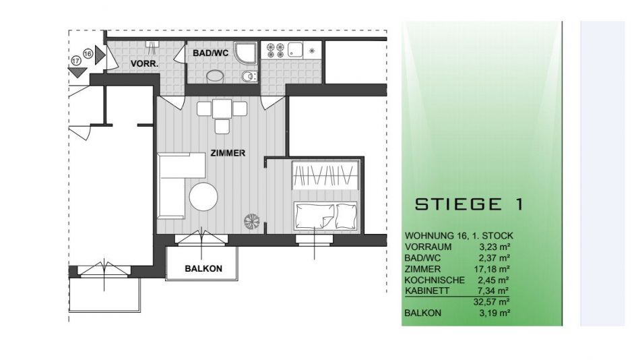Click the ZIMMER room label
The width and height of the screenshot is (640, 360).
point(228,153)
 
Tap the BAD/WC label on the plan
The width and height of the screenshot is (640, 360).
point(211,53)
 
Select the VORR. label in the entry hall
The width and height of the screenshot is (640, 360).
point(144,64)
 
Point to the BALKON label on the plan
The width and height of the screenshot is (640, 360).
point(203,268)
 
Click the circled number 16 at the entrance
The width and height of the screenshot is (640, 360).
point(88,53)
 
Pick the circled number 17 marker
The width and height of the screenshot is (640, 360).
point(75,61)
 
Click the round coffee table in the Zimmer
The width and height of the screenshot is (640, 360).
point(203,197)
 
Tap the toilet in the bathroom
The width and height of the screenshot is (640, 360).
point(249,76)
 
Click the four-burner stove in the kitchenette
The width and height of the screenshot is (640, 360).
point(275,51)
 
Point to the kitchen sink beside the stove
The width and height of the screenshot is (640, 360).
point(296,50)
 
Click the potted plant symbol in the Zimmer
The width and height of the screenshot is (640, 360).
point(252,222)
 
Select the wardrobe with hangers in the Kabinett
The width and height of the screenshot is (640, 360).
point(325,175)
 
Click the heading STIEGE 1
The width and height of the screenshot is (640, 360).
point(469,204)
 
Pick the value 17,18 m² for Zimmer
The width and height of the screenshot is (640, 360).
point(493,269)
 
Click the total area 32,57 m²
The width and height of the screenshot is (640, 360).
point(491,302)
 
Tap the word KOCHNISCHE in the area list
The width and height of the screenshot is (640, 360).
point(435,280)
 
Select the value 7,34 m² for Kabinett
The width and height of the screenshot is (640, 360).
point(493,291)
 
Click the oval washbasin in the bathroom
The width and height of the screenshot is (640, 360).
point(215,76)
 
